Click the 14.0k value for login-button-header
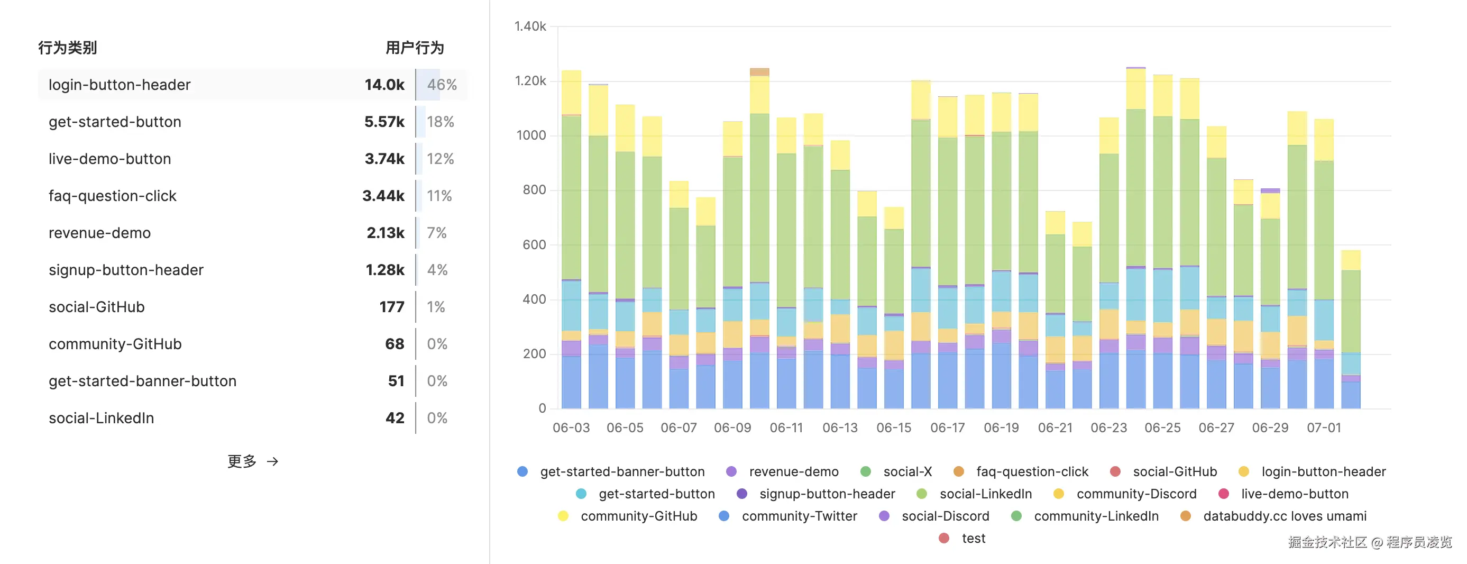click(384, 85)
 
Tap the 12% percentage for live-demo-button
click(440, 159)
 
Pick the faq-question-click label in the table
click(112, 196)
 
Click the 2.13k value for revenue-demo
click(386, 233)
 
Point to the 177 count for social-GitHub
click(392, 307)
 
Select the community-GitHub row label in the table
click(115, 344)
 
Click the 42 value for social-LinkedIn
click(395, 418)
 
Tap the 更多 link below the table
click(252, 461)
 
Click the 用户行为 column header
click(415, 48)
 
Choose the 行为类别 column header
click(67, 48)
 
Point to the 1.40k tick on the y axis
click(529, 26)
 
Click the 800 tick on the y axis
click(534, 190)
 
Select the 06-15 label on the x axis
click(894, 428)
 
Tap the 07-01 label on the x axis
click(1324, 428)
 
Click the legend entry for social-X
click(906, 472)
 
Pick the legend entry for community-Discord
click(1135, 494)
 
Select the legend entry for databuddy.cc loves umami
click(1283, 516)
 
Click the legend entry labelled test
click(973, 539)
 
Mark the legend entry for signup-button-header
click(827, 494)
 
